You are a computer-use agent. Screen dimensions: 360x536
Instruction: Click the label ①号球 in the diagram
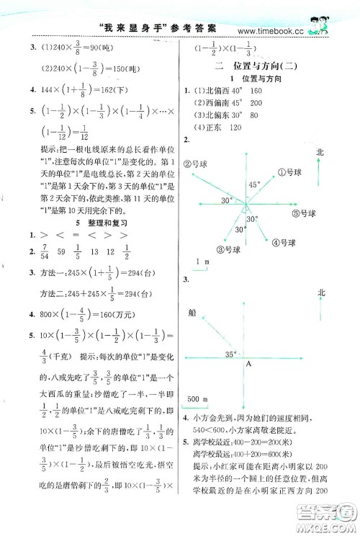(291, 172)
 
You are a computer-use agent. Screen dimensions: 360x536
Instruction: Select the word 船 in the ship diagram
(191, 313)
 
